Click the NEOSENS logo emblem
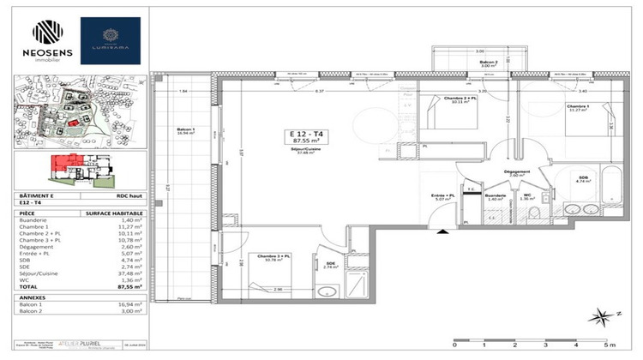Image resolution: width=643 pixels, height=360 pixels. tap(47, 32)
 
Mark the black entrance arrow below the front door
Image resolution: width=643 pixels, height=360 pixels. tap(442, 231)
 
